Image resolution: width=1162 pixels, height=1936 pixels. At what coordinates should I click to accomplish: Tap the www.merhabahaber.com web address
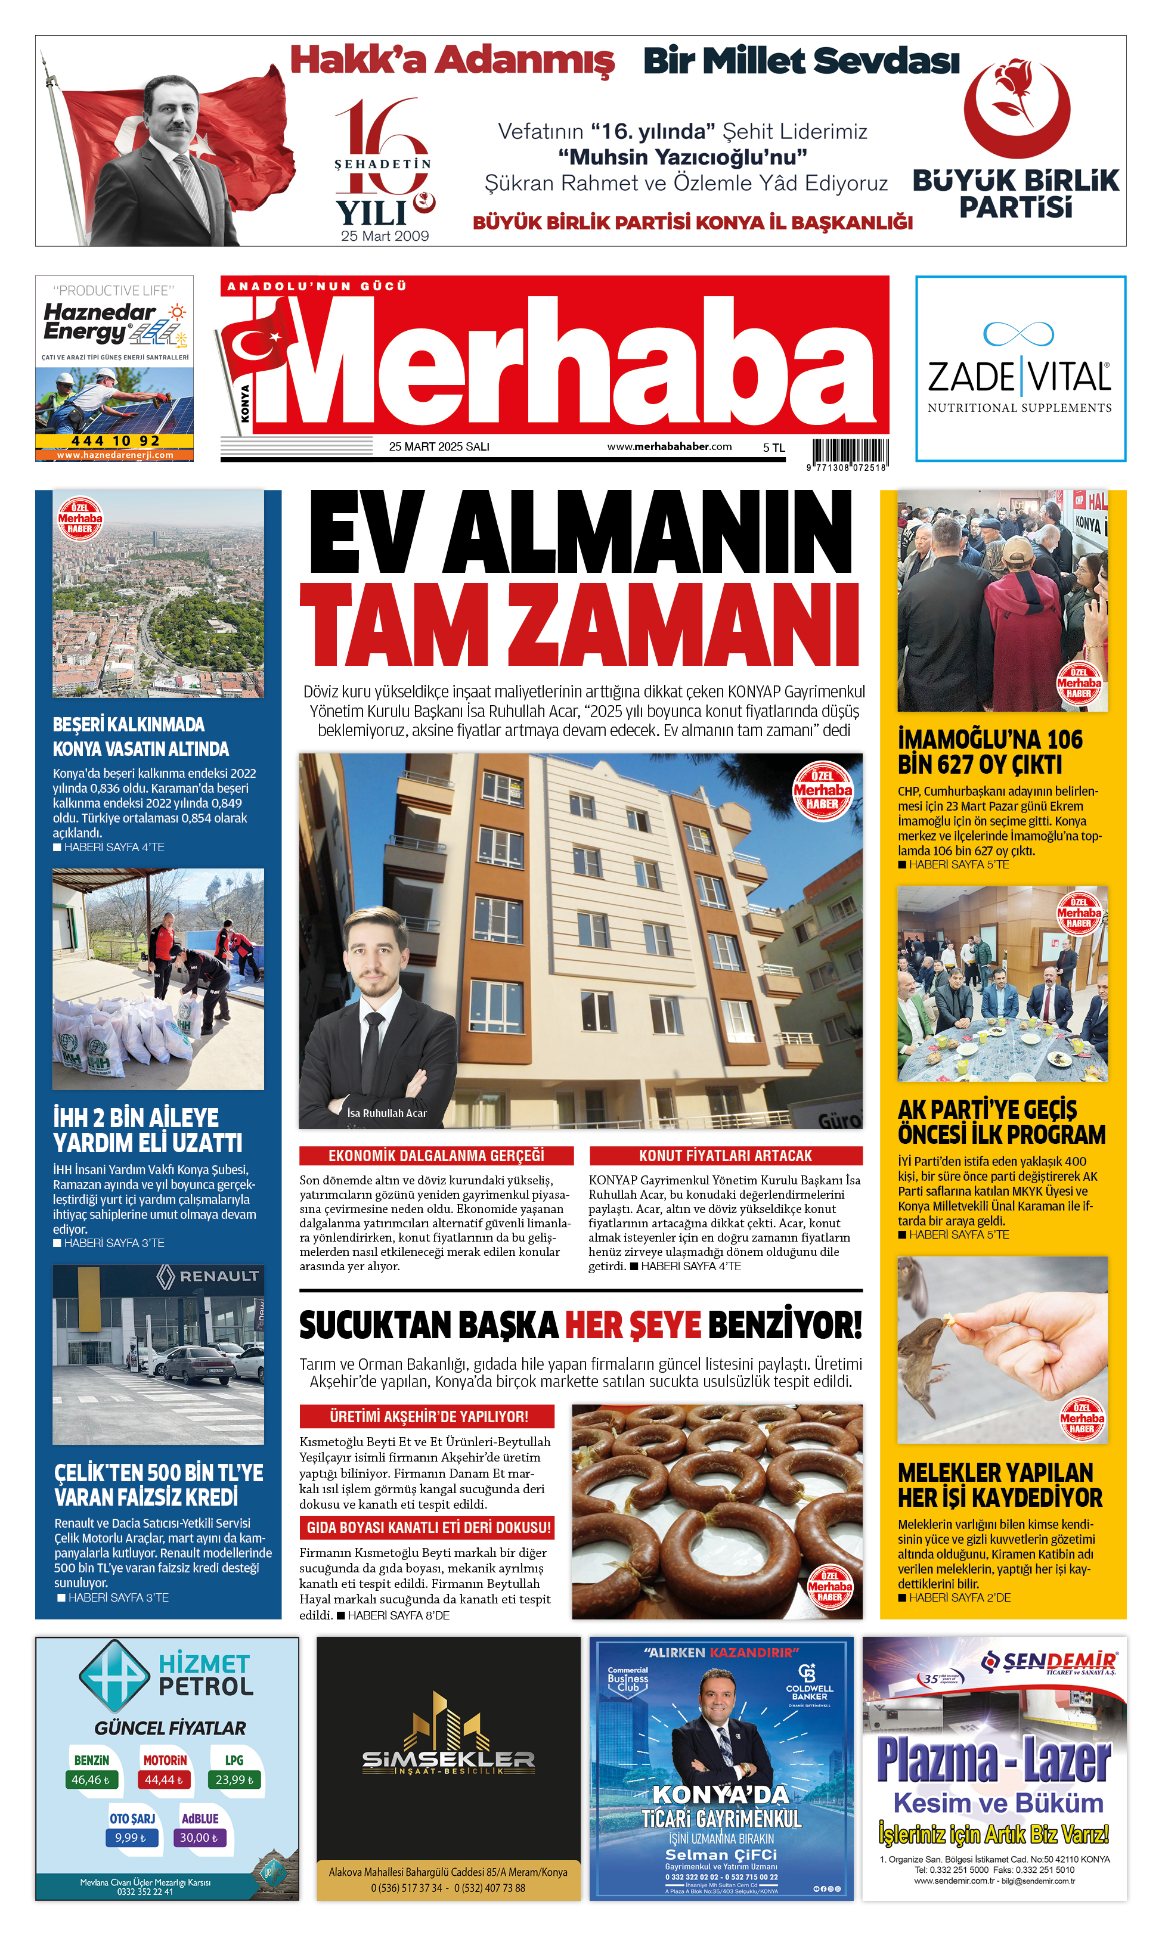click(x=669, y=446)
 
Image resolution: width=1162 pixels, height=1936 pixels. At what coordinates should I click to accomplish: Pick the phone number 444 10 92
click(x=115, y=440)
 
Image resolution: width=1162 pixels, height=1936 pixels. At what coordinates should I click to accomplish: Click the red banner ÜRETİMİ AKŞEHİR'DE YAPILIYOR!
click(x=427, y=1416)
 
